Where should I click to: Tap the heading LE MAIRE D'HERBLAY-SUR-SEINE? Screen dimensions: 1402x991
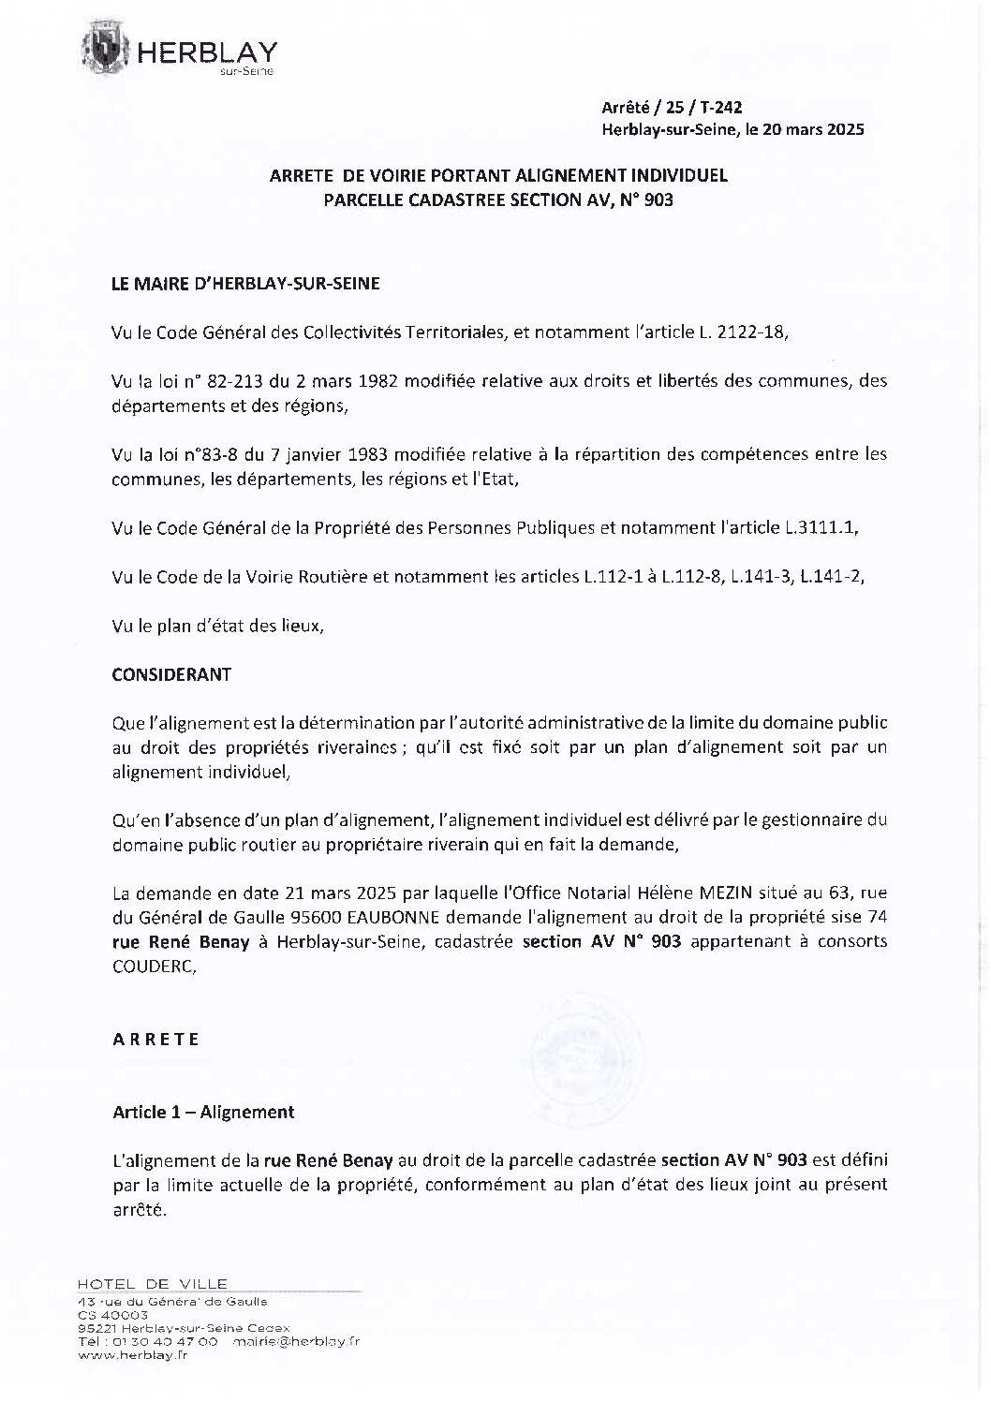coord(246,284)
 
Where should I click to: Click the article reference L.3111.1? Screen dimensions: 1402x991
coord(820,528)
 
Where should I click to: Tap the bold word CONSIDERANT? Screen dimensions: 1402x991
coord(171,674)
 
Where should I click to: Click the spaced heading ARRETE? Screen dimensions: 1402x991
coord(155,1040)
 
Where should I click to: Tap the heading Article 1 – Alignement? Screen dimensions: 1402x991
coord(203,1112)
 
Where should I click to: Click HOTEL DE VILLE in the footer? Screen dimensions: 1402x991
coord(152,1283)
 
